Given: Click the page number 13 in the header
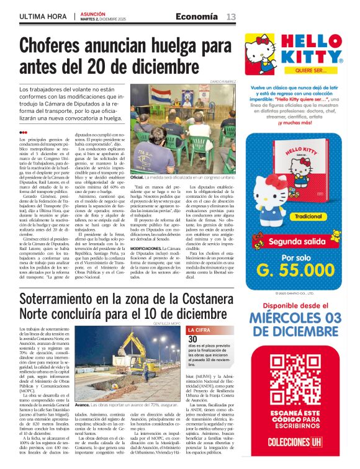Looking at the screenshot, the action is (x=230, y=16).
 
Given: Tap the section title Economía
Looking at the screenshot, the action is (x=196, y=16).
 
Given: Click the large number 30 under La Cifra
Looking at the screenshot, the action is (x=192, y=339).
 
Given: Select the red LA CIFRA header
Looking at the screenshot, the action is (x=199, y=330).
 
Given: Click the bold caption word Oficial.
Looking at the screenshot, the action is (x=137, y=159).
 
